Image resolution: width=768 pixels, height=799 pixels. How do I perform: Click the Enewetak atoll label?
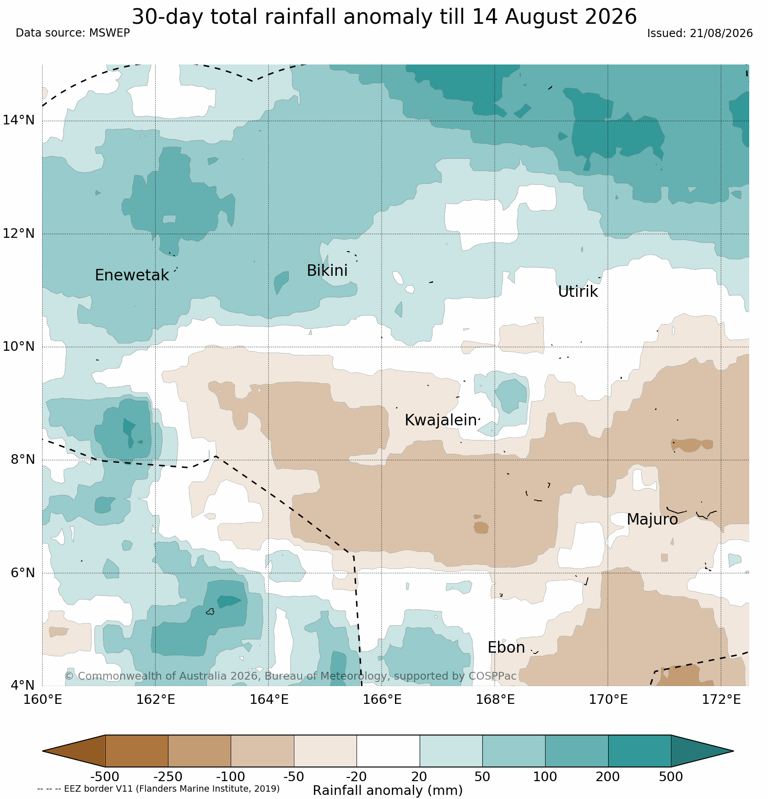132,275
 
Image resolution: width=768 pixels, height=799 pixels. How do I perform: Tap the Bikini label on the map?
327,271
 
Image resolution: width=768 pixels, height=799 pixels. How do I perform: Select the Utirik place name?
578,292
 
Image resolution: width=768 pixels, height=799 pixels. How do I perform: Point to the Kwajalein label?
441,420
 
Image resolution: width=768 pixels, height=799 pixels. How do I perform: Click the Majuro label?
652,520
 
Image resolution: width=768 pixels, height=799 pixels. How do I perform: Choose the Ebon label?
506,648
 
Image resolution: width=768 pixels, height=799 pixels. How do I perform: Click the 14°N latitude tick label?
19,120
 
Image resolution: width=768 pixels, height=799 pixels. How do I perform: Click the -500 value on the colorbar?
105,777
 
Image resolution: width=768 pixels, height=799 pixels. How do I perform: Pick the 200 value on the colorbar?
608,777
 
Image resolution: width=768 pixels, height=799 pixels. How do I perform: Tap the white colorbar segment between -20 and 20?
388,751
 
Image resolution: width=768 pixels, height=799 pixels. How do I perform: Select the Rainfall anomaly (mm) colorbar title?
388,790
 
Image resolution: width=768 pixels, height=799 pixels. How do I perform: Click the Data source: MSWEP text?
73,33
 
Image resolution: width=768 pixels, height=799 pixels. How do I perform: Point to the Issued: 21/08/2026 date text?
700,33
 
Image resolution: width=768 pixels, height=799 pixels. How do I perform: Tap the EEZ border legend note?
158,788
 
